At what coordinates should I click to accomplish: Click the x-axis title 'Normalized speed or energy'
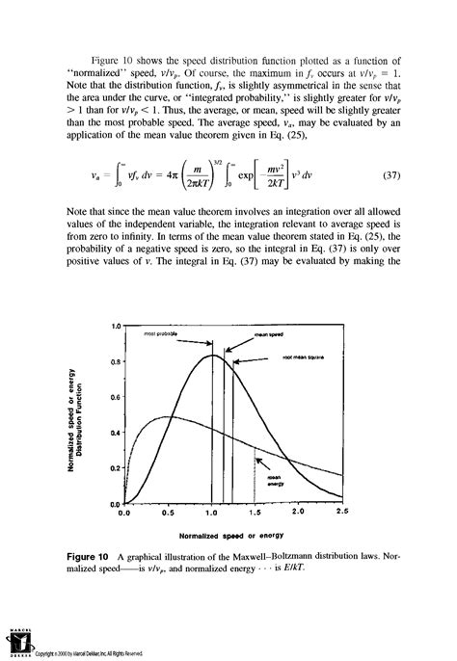tap(229, 535)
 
